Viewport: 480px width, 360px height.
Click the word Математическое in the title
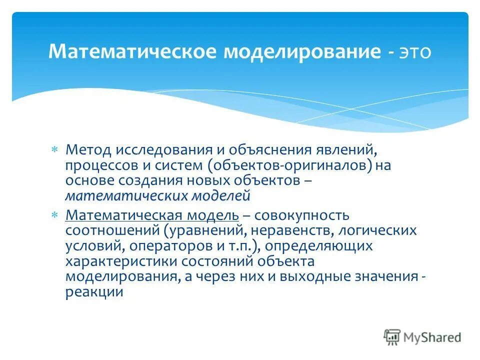coord(129,52)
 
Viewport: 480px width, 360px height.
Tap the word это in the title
coord(414,52)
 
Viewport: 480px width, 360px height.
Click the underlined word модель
coord(213,215)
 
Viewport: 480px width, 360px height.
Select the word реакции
coord(94,292)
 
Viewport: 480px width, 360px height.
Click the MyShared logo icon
coord(393,337)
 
